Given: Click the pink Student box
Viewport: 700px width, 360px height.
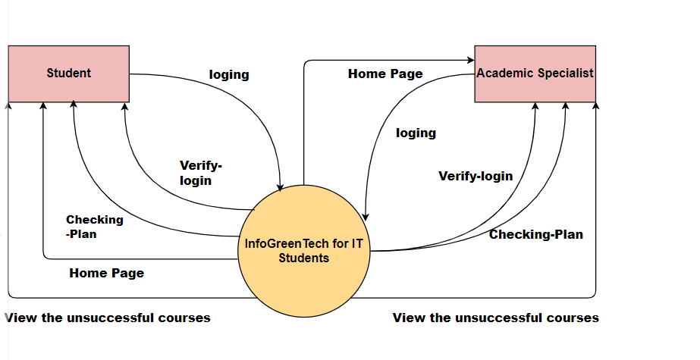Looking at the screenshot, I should coord(68,74).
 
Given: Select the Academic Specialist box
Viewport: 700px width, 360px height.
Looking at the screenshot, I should coord(535,74).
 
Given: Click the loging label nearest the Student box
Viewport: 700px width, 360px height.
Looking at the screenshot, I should coord(229,74).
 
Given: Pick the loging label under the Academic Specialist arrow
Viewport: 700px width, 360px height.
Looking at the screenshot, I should coord(416,133).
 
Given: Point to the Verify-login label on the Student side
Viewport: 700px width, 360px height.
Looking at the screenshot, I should coord(200,173).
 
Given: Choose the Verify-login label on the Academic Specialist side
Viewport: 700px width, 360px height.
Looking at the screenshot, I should coord(476,176).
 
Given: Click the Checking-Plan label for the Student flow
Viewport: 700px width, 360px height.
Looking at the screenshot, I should coord(94,227).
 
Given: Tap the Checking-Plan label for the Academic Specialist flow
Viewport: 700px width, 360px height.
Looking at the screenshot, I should coord(535,234).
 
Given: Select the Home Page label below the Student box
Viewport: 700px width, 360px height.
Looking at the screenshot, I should coord(106,273).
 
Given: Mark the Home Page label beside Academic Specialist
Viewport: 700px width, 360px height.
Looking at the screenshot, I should coord(385,74).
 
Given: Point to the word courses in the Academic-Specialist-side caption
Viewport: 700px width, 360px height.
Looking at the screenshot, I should coord(573,318).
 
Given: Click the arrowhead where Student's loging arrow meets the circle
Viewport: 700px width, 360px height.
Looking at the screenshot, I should coord(281,187).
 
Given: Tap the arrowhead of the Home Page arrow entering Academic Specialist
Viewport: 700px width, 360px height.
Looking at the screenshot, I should coord(470,59).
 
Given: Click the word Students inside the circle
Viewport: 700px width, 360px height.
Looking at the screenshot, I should coord(303,258).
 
